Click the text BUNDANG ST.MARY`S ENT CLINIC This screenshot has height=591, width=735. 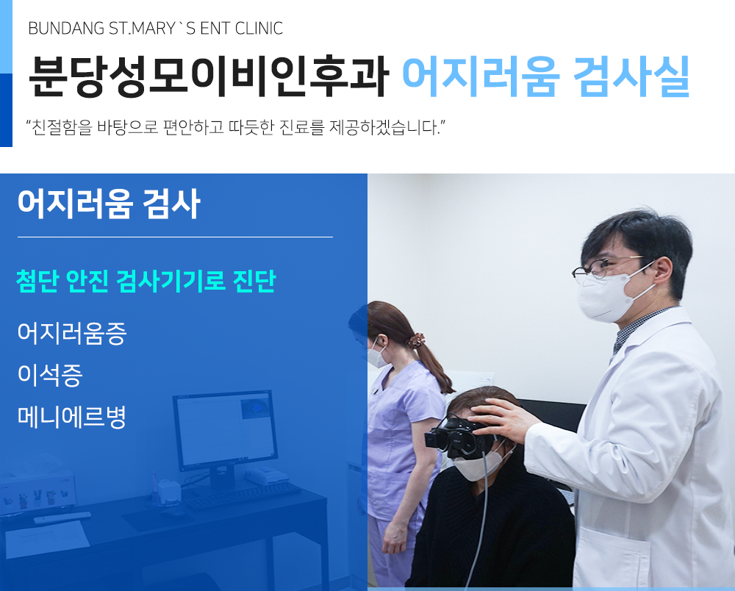pos(156,29)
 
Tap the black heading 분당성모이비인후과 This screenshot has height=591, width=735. pos(209,76)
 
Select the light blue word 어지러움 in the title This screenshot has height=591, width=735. pos(481,76)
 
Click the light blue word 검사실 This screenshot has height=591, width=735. pos(631,76)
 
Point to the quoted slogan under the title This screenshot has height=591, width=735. pos(235,127)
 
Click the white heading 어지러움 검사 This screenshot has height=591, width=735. pos(109,204)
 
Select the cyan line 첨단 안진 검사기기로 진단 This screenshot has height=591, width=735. pos(146,282)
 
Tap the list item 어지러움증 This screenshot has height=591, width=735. pos(72,333)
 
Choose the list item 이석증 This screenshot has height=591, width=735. pos(50,375)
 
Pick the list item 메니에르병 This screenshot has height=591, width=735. pos(72,417)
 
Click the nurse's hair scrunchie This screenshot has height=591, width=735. pos(415,340)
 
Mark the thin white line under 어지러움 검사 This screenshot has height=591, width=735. pos(175,237)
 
